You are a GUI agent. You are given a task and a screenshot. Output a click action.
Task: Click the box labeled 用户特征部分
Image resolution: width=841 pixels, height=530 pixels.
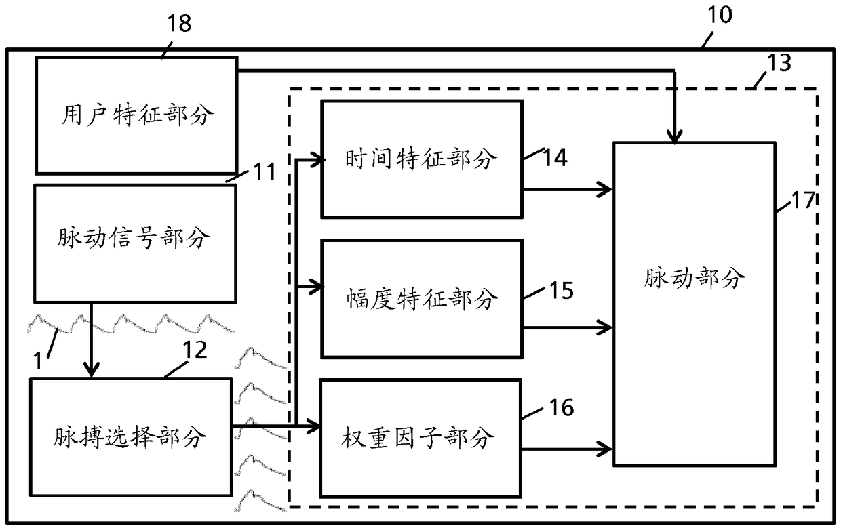click(x=137, y=115)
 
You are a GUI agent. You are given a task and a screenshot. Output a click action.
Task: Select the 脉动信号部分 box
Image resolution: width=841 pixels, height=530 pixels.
click(x=135, y=243)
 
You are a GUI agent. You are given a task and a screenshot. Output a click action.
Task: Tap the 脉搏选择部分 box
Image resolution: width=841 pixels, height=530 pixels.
click(x=132, y=437)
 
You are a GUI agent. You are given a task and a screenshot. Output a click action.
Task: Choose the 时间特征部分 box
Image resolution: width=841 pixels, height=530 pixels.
click(x=423, y=159)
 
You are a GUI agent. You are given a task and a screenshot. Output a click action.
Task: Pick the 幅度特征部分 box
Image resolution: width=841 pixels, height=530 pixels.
click(x=423, y=299)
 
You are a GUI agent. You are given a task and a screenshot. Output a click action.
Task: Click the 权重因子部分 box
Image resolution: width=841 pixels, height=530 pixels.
click(x=420, y=439)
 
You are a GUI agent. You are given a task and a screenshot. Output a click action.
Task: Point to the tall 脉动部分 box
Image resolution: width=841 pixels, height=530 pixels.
click(x=695, y=304)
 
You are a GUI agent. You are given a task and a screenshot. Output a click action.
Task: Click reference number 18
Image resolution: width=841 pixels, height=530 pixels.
click(x=179, y=23)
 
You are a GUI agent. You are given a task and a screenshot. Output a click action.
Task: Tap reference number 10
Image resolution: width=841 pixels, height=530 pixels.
click(x=720, y=15)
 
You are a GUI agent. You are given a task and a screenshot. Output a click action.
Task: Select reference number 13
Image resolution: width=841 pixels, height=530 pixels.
click(x=779, y=62)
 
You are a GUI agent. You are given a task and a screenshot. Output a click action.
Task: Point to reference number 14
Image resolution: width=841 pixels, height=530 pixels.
click(x=555, y=157)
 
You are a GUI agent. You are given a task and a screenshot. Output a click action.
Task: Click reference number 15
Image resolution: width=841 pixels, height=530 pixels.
click(x=562, y=290)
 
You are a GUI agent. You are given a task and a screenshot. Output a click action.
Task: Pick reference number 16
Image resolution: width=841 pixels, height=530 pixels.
click(x=562, y=407)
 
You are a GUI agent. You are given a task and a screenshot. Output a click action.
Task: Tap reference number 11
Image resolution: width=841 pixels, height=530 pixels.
click(x=265, y=171)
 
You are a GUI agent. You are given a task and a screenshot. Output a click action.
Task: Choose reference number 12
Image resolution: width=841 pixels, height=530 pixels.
click(x=195, y=350)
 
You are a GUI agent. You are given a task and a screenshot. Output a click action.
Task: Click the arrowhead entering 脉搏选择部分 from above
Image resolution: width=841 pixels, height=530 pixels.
click(x=92, y=369)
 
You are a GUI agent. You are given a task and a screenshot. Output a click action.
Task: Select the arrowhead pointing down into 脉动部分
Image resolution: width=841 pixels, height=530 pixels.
click(x=674, y=136)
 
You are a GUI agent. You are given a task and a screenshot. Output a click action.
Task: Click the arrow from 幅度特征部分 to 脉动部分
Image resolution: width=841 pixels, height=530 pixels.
click(x=568, y=328)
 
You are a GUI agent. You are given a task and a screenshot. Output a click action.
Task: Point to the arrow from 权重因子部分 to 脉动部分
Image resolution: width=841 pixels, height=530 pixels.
click(x=567, y=449)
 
